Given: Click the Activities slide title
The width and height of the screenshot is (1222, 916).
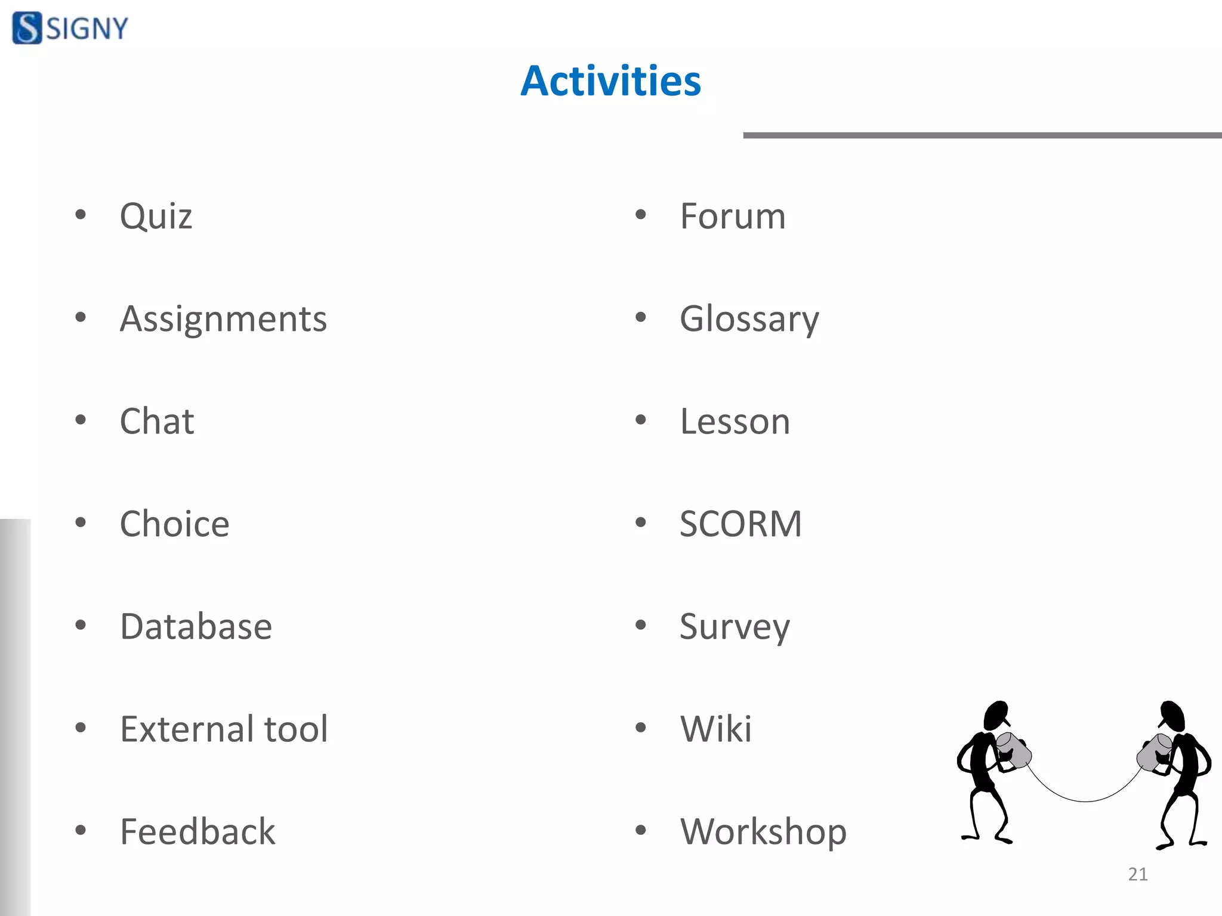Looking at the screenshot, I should point(610,81).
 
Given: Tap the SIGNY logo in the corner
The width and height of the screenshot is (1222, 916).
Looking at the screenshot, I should point(70,28).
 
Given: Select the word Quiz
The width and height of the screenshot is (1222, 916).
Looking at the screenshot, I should point(156,216).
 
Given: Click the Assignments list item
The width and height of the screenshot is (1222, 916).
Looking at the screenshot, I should point(223,319).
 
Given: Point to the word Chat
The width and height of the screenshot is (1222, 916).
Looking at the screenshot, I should point(157,422).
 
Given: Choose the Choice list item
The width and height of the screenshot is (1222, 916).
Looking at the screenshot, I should point(174,524).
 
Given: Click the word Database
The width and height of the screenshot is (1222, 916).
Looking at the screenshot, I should point(196,627).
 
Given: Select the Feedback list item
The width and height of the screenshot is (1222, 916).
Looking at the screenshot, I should point(198,832).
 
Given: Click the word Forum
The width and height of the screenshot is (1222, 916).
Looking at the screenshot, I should point(732,216).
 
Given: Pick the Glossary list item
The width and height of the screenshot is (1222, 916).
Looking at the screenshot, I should point(749,319).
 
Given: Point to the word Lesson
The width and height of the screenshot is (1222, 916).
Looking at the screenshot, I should point(735,422).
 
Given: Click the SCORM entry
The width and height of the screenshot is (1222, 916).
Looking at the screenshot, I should point(740,524).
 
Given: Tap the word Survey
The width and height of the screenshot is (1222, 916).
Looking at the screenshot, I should point(735,627).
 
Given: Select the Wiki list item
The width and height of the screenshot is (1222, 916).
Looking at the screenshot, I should point(715,729).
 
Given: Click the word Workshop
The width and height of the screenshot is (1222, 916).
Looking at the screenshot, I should point(763,832).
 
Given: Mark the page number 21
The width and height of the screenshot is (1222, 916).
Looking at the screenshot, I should point(1137,874).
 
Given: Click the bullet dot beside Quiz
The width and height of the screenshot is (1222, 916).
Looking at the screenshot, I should point(81,215).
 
